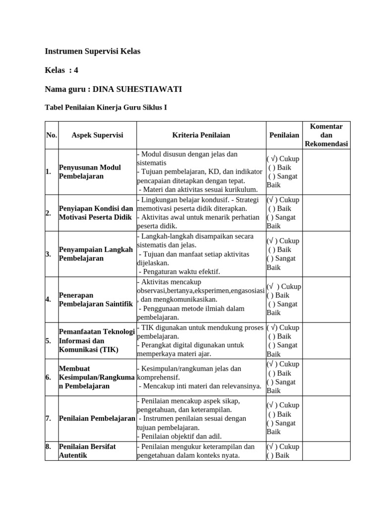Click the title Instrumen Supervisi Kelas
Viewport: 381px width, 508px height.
(93, 51)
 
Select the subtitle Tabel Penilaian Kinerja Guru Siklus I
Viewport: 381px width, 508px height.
(106, 107)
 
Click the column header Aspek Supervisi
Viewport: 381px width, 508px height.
(97, 135)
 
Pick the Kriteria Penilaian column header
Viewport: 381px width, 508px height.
(201, 135)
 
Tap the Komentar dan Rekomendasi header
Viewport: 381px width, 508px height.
(326, 135)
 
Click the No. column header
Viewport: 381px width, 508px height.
(51, 135)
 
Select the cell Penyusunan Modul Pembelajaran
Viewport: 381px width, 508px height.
(90, 172)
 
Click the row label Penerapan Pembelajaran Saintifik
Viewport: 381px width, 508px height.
(96, 300)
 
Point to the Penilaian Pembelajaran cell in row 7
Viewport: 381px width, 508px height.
(97, 418)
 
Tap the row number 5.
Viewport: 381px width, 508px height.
(48, 341)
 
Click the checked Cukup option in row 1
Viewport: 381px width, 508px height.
(283, 159)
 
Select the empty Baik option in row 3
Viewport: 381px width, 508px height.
(279, 250)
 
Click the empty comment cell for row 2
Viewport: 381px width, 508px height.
(326, 213)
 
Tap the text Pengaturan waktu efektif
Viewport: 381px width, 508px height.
(180, 271)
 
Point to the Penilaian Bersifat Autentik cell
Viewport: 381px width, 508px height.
(87, 450)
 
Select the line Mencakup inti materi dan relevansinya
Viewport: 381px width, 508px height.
(200, 386)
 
